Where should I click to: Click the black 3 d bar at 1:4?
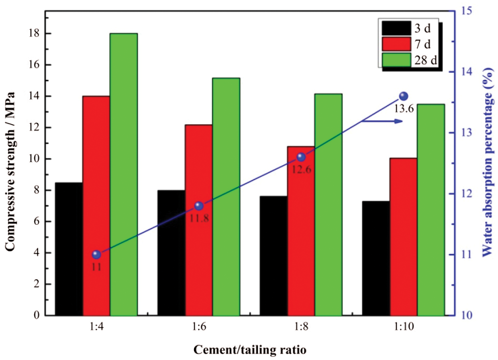pos(69,249)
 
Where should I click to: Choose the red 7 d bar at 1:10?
pos(403,237)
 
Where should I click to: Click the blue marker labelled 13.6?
pos(404,96)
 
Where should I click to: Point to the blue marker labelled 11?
pos(96,254)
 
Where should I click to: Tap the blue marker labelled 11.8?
pos(199,206)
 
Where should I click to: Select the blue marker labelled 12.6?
pos(301,157)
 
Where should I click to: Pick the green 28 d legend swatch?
pos(396,61)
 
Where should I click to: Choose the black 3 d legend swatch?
pos(396,28)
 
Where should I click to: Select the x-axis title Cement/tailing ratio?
pos(250,350)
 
